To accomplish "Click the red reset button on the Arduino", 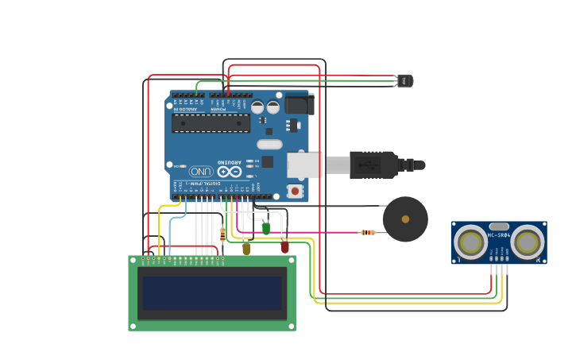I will pos(295,191).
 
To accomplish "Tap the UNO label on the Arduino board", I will pos(200,171).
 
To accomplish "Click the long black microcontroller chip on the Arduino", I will pos(211,122).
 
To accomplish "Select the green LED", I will pos(265,229).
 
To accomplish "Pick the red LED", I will pos(284,247).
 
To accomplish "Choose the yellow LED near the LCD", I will pos(246,249).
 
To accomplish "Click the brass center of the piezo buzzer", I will pos(405,219).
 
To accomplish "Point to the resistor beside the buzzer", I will pos(367,232).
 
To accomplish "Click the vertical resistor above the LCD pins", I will pos(222,233).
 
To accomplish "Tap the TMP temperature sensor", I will pos(404,80).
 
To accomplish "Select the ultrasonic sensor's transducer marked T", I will pos(470,242).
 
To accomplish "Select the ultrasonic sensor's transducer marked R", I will pos(527,242).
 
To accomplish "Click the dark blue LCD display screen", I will pos(212,292).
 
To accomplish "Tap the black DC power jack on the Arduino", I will pos(300,104).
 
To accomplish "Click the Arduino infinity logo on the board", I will pos(230,171).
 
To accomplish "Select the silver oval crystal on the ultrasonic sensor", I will pos(499,226).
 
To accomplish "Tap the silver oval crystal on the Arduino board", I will pos(269,145).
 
